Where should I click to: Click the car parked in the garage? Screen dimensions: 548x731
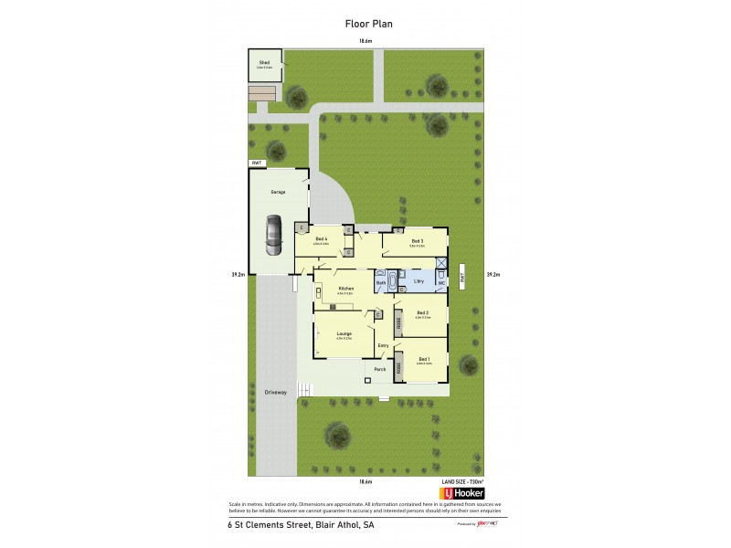[x=273, y=236]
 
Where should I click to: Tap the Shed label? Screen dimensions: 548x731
[x=264, y=62]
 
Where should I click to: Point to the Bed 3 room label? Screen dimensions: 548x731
[x=416, y=240]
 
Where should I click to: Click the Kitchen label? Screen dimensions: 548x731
[x=345, y=289]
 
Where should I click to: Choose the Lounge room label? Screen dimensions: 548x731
[x=344, y=333]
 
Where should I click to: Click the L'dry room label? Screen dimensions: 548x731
[x=418, y=282]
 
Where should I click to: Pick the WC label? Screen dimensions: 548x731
[x=441, y=283]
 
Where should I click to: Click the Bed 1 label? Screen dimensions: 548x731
[x=423, y=359]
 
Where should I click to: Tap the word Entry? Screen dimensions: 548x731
[x=384, y=345]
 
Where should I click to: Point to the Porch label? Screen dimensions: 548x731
[x=379, y=369]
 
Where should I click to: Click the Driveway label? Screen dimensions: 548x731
[x=275, y=392]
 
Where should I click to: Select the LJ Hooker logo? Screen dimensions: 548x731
[x=461, y=493]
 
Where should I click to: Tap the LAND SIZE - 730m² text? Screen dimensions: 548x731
[x=461, y=480]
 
